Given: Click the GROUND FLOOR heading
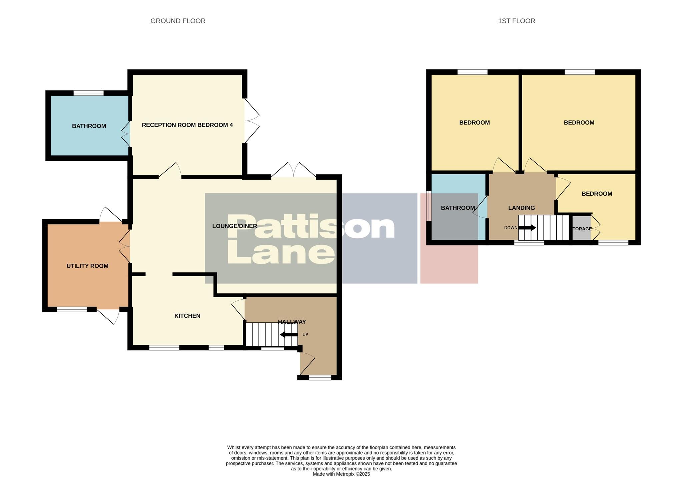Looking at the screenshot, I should pos(178,21).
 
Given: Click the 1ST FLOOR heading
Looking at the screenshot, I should pos(516,21).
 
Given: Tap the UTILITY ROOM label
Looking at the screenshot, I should pos(87,266).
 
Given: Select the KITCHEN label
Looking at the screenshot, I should pos(187,316).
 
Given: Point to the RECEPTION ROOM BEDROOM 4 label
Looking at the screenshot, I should pos(187,125).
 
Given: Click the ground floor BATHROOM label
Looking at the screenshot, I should pos(89,126).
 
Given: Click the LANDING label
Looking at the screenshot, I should pos(521,208).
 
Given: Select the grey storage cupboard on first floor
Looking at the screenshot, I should pos(581,228).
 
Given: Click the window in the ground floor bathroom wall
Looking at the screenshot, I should pos(88,93).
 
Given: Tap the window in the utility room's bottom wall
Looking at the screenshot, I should pos(71,309).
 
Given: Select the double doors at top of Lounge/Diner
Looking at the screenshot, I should pos(293,170).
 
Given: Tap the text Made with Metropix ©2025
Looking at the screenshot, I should pos(341,474).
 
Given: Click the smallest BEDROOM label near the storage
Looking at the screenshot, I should pos(597,194).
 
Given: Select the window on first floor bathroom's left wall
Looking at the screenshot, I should pos(428,206).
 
